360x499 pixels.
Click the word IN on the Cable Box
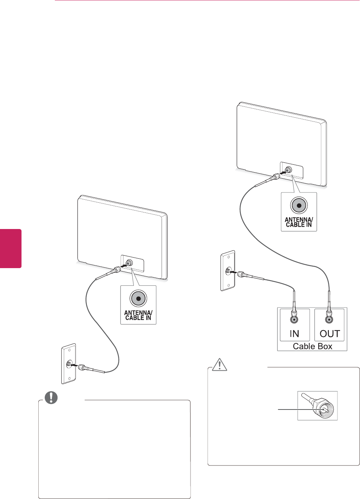(294, 334)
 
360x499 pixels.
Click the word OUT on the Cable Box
(330, 334)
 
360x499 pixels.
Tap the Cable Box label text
(312, 346)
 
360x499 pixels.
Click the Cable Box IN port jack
(294, 320)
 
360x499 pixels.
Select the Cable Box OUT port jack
(329, 320)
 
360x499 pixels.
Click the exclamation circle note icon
(51, 397)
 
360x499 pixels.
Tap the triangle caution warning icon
(219, 364)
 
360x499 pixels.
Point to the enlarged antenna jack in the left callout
(138, 299)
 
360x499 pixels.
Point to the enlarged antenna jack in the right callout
(299, 205)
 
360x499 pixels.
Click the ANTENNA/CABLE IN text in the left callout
(138, 315)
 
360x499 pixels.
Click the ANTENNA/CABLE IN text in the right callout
(299, 222)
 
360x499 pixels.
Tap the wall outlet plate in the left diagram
(69, 364)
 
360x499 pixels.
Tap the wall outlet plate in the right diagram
(228, 270)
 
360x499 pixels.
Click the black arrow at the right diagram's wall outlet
(233, 272)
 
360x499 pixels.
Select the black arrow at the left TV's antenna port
(124, 265)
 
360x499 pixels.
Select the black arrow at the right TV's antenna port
(283, 173)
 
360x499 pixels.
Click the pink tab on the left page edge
(11, 248)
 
